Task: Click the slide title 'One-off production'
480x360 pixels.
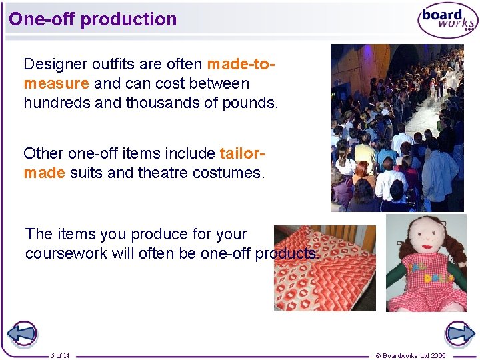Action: [93, 19]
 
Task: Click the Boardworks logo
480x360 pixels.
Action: [447, 21]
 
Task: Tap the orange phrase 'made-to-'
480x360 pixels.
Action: [241, 64]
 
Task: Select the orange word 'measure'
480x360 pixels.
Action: [56, 83]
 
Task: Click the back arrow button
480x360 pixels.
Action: [21, 334]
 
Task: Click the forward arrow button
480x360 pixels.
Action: [459, 334]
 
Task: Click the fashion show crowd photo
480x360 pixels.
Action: [397, 127]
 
